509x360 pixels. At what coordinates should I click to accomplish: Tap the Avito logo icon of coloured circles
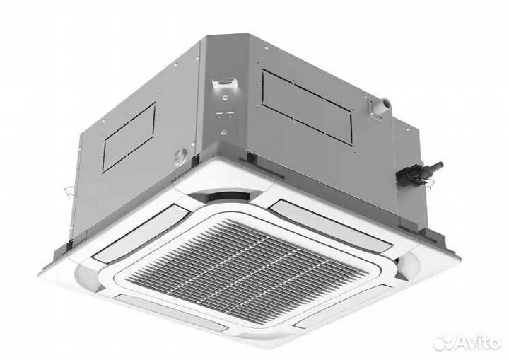pos(444,342)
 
